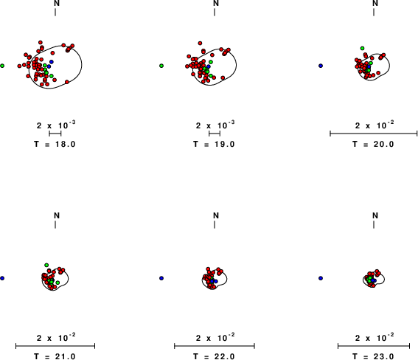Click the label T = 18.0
[55, 145]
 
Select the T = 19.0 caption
[214, 145]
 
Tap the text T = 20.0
[373, 145]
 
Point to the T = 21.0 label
[55, 356]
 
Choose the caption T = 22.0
[214, 356]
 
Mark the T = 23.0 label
[373, 356]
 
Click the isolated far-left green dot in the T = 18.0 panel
[2, 66]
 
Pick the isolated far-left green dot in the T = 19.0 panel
[161, 66]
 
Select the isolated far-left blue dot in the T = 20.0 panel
[321, 66]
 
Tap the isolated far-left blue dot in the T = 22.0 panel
[161, 278]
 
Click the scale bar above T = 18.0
[55, 134]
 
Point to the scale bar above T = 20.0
[374, 134]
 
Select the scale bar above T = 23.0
[374, 346]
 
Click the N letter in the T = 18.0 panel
[57, 3]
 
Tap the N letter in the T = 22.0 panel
[216, 215]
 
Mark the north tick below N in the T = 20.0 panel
[374, 12]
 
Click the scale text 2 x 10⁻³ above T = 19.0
[215, 125]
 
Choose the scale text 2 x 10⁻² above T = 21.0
[56, 337]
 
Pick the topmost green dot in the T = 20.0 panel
[362, 48]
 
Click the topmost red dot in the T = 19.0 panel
[200, 44]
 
